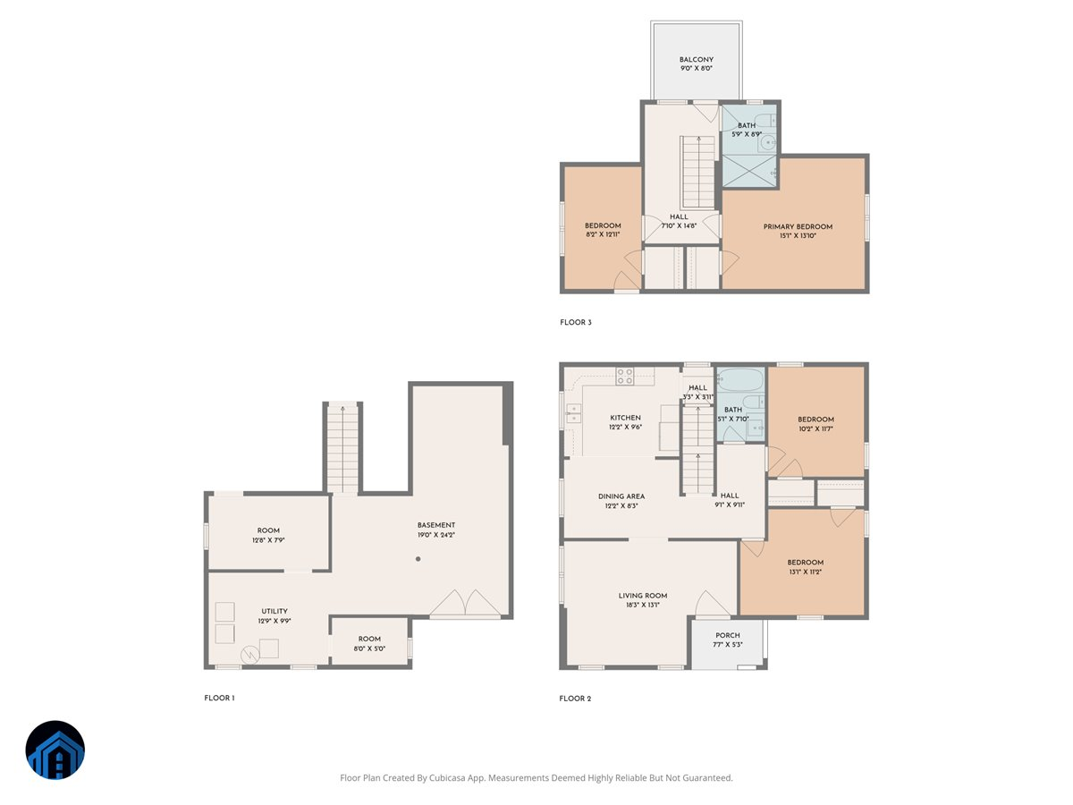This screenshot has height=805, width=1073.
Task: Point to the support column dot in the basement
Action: [418, 559]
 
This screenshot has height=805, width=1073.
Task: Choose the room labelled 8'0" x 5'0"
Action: [369, 643]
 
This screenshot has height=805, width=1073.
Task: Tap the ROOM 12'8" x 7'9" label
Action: [268, 536]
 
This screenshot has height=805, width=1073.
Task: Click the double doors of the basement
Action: [465, 605]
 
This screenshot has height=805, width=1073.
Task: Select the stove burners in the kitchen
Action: [625, 377]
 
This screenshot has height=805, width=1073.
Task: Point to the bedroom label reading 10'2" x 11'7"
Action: [815, 424]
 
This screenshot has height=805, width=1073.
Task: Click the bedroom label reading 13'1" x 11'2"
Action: [806, 567]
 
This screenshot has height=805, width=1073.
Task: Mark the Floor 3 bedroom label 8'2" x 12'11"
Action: [603, 230]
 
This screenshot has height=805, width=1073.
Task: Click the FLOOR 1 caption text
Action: [219, 698]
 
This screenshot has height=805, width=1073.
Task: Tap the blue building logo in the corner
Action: [55, 750]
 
